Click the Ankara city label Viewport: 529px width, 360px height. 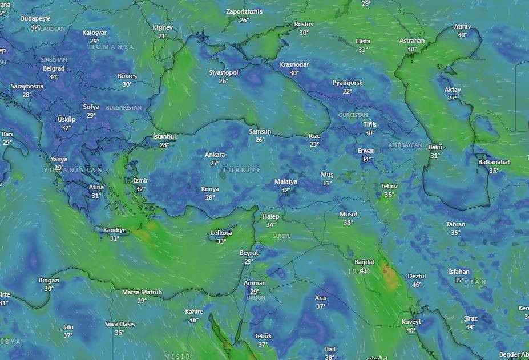point(215,155)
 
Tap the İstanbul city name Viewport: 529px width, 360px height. point(164,137)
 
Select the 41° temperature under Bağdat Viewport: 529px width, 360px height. point(365,270)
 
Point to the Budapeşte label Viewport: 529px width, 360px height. point(35,18)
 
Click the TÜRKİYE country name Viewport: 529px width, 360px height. point(241,170)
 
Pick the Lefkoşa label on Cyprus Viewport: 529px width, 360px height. point(221,233)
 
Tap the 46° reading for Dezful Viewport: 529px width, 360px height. point(417,285)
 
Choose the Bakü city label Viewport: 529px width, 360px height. point(435,147)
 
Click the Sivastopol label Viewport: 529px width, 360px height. point(223,72)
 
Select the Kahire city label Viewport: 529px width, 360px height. point(194,312)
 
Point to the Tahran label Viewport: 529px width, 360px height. point(455,224)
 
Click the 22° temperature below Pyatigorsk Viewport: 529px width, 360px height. point(348,91)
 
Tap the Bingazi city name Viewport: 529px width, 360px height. point(49,280)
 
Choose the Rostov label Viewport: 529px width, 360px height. point(304,24)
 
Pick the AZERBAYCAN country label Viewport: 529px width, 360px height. point(405,145)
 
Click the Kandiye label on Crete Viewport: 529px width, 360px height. point(114,230)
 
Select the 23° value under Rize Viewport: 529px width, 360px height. point(314,144)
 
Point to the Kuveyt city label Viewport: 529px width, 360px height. point(411,322)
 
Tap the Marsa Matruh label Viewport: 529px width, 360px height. point(142,292)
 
